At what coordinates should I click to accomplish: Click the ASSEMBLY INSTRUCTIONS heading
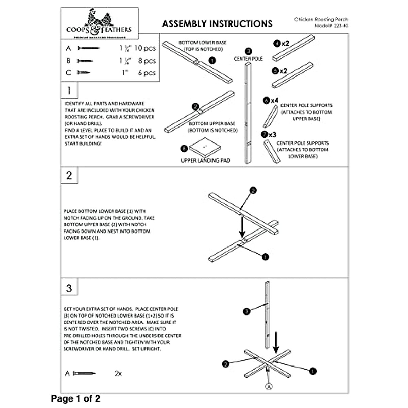(x=217, y=24)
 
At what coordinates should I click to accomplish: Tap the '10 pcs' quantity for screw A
(x=145, y=48)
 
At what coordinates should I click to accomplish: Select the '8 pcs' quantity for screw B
(x=147, y=61)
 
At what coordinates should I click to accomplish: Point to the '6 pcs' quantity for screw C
(x=147, y=73)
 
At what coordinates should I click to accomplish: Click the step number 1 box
(x=69, y=90)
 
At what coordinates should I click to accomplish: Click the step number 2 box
(x=69, y=175)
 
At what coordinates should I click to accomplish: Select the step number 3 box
(x=69, y=288)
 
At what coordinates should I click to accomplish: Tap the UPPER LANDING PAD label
(x=205, y=160)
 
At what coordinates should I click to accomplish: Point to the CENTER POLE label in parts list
(x=248, y=58)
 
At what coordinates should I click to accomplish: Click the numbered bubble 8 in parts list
(x=184, y=149)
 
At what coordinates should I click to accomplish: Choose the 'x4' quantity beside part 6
(x=275, y=101)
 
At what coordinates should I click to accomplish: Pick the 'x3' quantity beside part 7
(x=272, y=135)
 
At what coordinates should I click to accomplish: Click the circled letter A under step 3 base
(x=269, y=386)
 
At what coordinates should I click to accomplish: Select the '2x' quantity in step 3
(x=118, y=373)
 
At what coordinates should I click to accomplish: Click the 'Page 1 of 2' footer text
(x=75, y=398)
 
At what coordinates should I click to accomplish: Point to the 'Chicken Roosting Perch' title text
(x=321, y=20)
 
